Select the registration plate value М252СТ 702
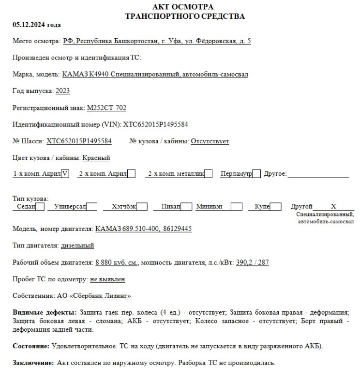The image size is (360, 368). [x=106, y=108]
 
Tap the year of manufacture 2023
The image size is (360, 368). [x=63, y=91]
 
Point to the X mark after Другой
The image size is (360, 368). [x=333, y=206]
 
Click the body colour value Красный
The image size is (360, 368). [x=96, y=158]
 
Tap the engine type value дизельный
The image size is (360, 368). [x=77, y=246]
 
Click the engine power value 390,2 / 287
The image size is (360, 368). [x=253, y=263]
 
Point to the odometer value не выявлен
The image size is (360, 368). [x=108, y=279]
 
